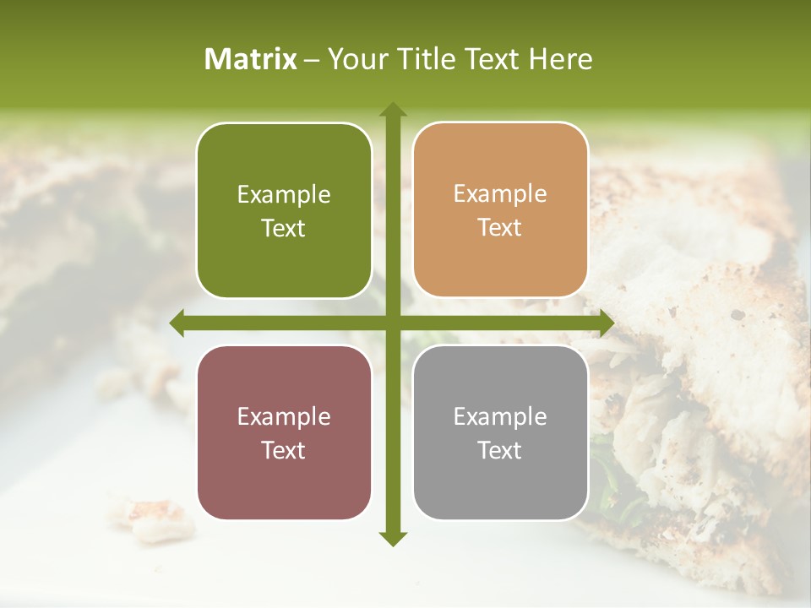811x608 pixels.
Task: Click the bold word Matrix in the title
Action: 251,59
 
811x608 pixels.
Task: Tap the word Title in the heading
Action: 422,59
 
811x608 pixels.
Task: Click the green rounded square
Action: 284,210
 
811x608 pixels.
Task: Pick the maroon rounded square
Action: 284,432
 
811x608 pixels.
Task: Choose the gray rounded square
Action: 500,432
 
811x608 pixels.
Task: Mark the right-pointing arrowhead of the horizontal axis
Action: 607,323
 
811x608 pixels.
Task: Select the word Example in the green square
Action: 284,195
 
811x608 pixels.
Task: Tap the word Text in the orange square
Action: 500,228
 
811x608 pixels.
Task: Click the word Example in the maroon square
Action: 284,416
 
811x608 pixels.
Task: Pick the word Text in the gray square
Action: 500,450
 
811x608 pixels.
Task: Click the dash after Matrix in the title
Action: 312,60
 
